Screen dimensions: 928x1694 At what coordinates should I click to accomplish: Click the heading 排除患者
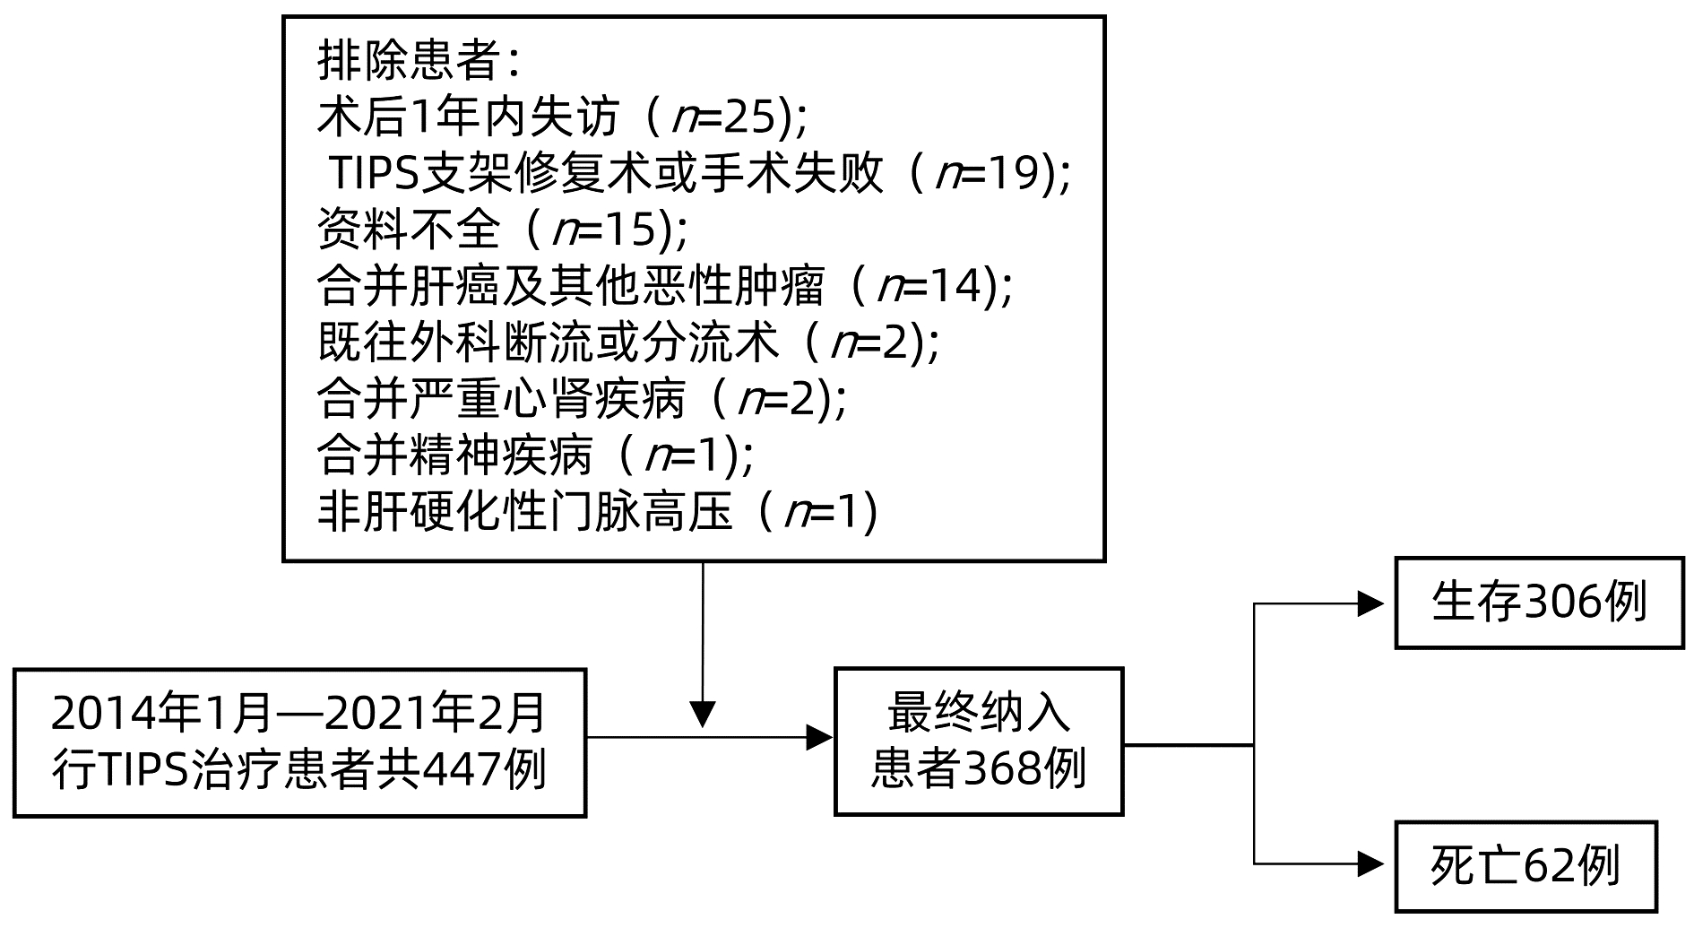pos(408,62)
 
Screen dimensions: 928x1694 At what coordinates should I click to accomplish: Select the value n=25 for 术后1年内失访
pos(728,117)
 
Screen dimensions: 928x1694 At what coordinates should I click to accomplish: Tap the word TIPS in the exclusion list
pos(376,174)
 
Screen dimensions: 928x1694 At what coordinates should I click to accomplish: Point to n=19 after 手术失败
pos(990,174)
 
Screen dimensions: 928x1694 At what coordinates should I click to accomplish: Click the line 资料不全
pos(408,230)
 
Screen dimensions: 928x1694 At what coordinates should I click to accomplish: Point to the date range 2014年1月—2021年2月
pos(298,715)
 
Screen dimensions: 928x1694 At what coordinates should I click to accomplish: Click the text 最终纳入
pos(979,714)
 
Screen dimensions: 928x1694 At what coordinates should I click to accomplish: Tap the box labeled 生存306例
pos(1539,603)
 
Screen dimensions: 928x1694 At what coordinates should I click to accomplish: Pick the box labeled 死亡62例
pos(1525,866)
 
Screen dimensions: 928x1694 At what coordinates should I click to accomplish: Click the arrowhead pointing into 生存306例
pos(1371,604)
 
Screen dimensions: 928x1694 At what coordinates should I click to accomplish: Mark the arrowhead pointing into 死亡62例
pos(1371,864)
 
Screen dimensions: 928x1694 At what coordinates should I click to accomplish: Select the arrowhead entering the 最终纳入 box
pos(819,738)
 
